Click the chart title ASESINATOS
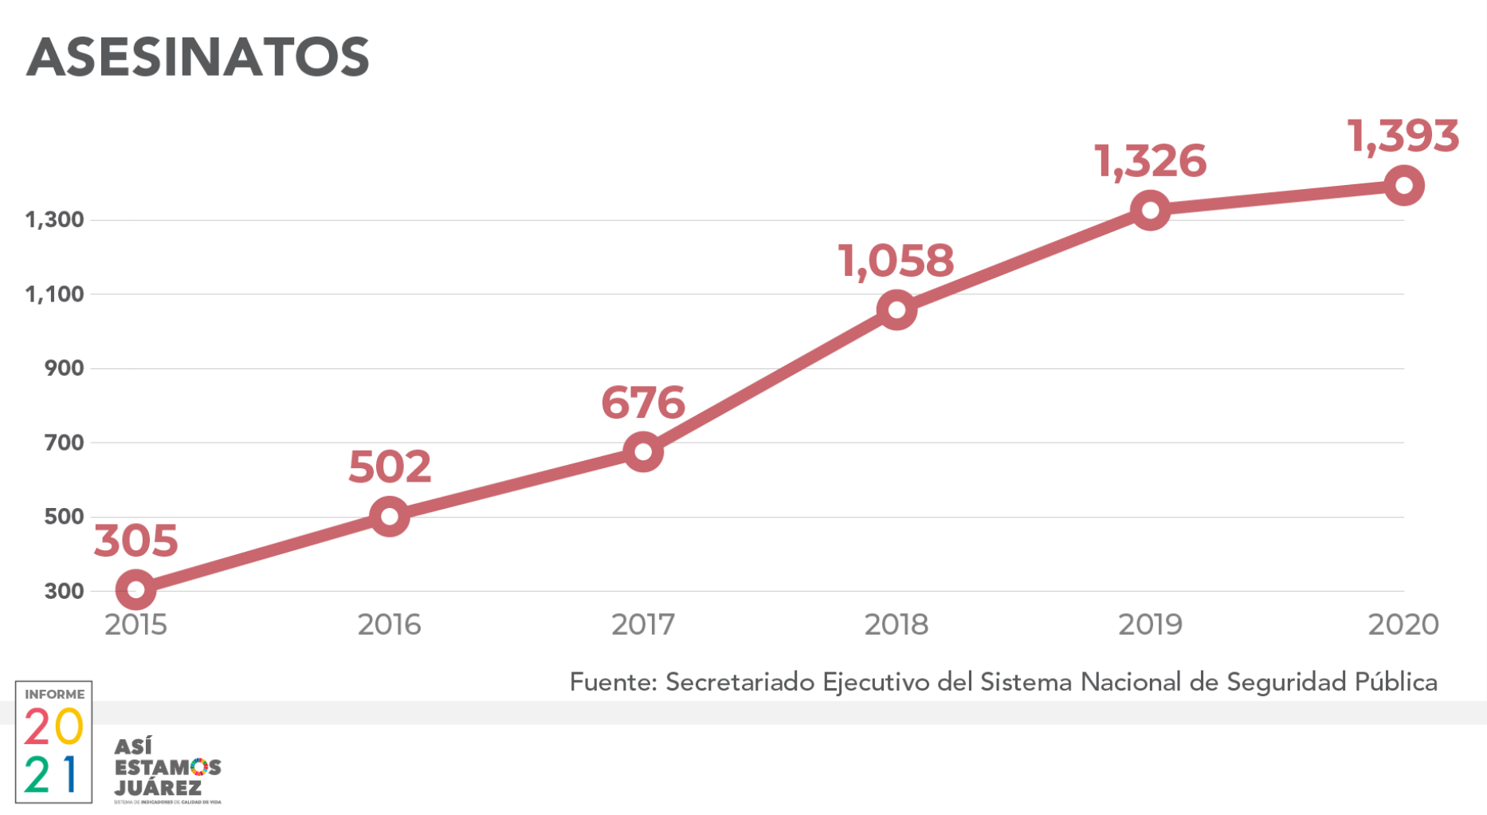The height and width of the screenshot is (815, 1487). (198, 57)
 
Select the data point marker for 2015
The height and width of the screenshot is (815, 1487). (135, 589)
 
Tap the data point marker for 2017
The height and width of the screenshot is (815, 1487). (642, 452)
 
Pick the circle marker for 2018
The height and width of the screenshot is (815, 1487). (896, 309)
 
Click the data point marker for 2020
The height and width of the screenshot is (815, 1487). (1403, 186)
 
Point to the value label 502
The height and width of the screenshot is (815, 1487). (390, 467)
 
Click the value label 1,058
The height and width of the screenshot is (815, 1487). (896, 261)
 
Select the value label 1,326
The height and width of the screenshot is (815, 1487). (1150, 162)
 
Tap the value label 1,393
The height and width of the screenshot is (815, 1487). (1403, 136)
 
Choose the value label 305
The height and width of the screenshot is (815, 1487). (135, 541)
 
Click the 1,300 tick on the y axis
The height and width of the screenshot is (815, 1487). (54, 219)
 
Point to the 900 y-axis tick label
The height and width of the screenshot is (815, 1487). (64, 368)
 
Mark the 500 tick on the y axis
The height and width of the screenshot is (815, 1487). (64, 517)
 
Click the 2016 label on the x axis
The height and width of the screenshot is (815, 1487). (389, 624)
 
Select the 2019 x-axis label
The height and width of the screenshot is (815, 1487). (1150, 624)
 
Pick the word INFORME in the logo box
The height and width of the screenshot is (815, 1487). (54, 695)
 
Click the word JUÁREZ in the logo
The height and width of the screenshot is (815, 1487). (158, 788)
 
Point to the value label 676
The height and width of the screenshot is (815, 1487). (642, 403)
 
